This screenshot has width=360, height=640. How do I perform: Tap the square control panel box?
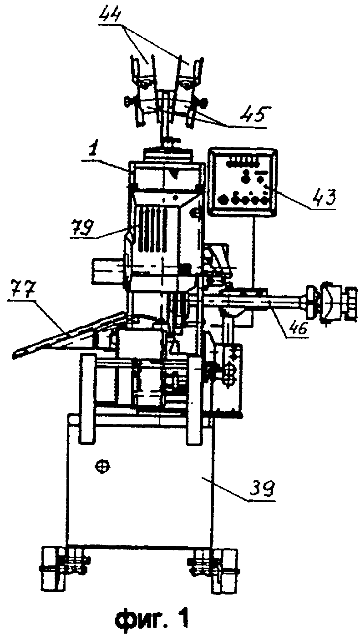pyautogui.click(x=243, y=181)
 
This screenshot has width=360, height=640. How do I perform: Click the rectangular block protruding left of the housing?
pyautogui.click(x=109, y=271)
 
